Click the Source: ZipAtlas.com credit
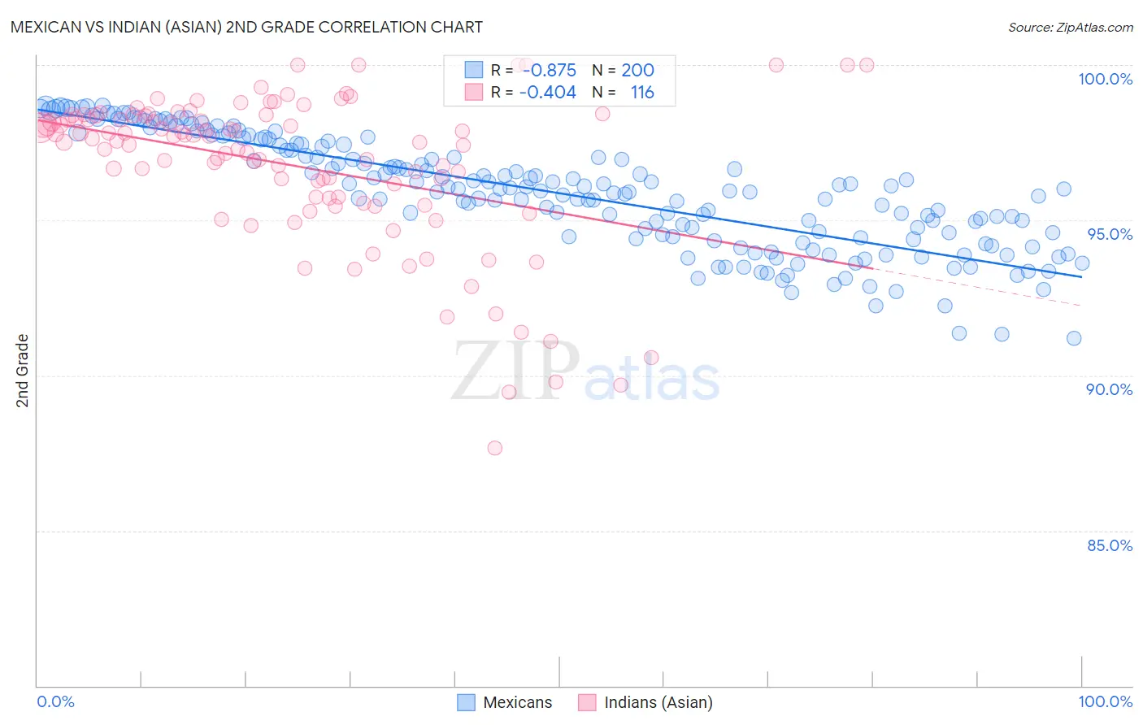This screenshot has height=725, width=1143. pos(1070,27)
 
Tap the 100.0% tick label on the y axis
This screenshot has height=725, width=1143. pos(1105,79)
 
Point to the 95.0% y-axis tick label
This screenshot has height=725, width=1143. pos(1109,234)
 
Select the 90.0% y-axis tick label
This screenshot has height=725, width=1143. pos(1109,389)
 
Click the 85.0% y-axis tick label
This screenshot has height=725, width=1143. pos(1109,545)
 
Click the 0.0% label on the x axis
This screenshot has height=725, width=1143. pos(55,701)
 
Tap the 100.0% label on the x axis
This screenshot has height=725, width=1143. pos(1105,701)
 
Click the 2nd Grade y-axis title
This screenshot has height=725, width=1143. pos(23,370)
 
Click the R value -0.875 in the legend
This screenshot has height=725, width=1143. pos(549,71)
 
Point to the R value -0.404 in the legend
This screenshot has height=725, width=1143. pos(549,93)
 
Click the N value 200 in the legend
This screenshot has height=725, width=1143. pos(637,71)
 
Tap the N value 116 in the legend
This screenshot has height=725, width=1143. pos(641,93)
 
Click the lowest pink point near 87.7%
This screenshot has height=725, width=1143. pos(494,448)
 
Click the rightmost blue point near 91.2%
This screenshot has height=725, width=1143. pos(1074,338)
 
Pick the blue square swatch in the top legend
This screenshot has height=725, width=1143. pos(474,71)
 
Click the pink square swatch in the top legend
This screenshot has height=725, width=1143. pos(474,93)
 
